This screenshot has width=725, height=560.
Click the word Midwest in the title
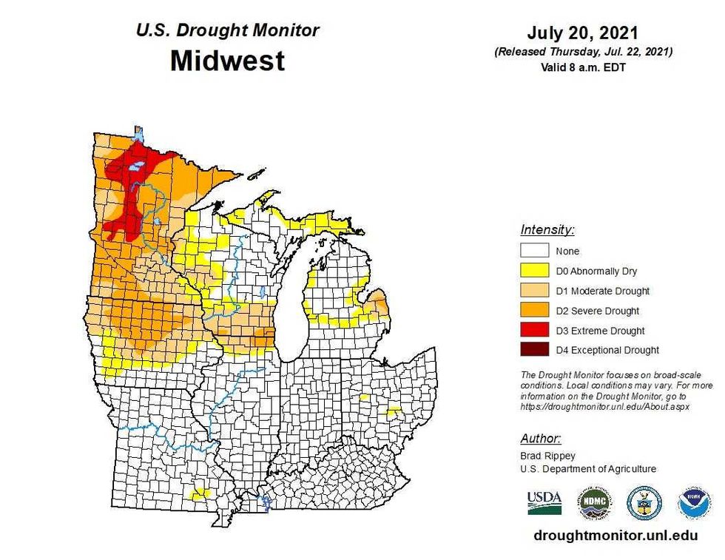(227, 60)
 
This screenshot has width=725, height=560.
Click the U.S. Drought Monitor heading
(227, 30)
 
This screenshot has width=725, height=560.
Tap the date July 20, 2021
(582, 33)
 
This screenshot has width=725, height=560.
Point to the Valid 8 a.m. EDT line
(582, 66)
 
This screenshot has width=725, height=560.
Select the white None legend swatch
(535, 251)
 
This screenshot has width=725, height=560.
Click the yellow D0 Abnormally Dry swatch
(535, 271)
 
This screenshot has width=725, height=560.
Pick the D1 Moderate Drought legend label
(602, 291)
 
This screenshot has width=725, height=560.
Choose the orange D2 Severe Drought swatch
(535, 311)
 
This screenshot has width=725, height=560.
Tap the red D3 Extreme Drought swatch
(535, 331)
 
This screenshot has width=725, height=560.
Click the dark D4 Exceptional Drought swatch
(535, 350)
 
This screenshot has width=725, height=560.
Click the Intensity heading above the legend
(547, 229)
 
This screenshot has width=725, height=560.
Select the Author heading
(540, 438)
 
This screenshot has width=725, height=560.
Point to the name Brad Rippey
(546, 456)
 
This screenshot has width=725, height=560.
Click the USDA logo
(544, 502)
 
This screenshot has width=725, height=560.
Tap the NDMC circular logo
(594, 502)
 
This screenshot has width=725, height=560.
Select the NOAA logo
(693, 502)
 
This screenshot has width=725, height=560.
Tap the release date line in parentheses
(582, 52)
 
